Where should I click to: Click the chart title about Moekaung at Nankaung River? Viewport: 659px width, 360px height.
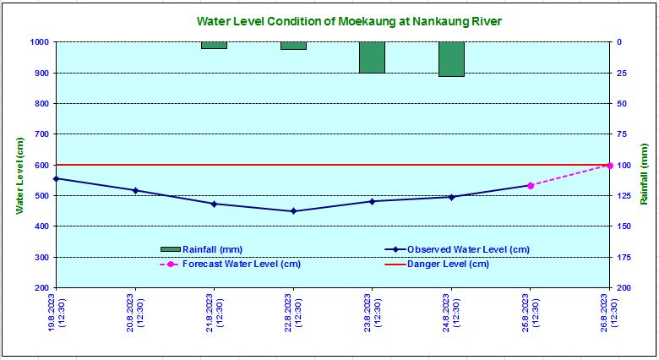pos(355,20)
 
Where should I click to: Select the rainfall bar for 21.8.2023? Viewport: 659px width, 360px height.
pos(214,46)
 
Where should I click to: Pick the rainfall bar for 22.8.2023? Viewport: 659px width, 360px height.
pos(293,46)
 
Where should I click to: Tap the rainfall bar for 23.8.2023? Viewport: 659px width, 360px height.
pos(373,57)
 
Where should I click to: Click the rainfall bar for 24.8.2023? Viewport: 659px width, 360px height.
pos(451,59)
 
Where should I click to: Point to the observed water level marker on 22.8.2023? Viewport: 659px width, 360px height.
pos(293,211)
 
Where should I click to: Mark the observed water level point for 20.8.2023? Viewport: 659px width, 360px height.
pos(135,190)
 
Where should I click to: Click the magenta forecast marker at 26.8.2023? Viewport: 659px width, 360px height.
pos(609,166)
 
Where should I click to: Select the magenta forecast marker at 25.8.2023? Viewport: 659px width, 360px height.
pos(531,185)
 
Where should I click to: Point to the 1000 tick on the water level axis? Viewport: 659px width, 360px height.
pos(39,42)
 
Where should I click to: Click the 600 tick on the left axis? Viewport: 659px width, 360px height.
pos(41,165)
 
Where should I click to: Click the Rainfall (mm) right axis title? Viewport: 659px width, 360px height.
pos(644,174)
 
